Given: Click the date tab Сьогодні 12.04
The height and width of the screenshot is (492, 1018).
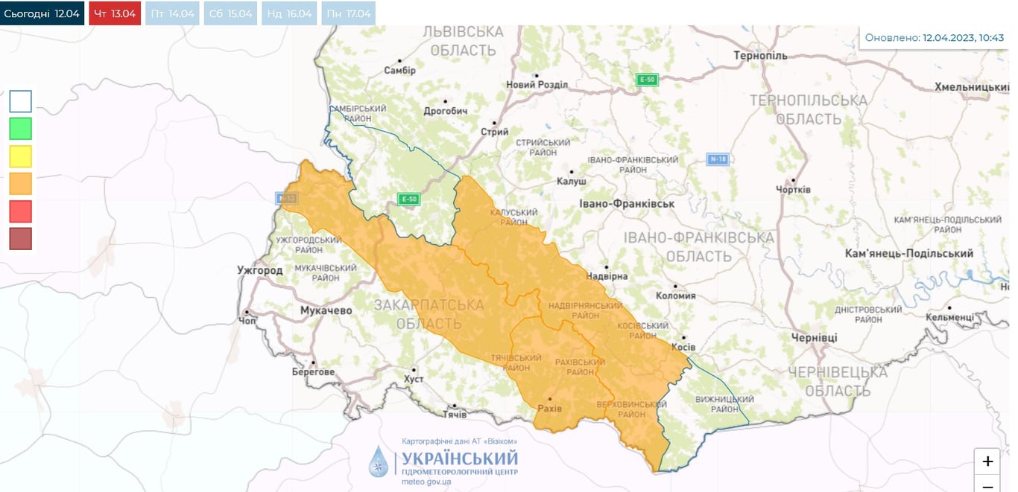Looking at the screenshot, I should (x=42, y=13).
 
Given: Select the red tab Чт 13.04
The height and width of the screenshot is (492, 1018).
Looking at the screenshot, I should (x=115, y=13).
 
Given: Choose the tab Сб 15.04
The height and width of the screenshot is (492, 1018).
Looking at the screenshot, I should (x=230, y=13).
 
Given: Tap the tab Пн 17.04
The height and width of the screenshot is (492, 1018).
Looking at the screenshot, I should (x=348, y=13).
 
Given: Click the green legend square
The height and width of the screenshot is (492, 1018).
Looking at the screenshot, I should (x=21, y=129).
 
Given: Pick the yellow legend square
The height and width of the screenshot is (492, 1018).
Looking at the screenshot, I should (x=21, y=156).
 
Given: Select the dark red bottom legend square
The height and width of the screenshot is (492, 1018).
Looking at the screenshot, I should (x=21, y=239).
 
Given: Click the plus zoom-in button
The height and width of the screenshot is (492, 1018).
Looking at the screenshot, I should (x=987, y=461).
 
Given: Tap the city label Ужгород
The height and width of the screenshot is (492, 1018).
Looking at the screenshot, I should (x=259, y=270).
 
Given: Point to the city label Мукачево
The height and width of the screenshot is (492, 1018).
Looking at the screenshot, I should (x=326, y=310).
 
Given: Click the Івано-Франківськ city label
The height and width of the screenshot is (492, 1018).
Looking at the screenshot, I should (x=627, y=203).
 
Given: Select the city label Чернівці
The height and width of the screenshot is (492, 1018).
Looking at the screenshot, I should (x=814, y=337).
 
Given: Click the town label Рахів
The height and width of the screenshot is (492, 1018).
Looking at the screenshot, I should (x=549, y=409).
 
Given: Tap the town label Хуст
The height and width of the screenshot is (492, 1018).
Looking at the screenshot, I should (x=413, y=379).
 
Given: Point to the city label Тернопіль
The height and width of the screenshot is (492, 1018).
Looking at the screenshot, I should (x=760, y=56).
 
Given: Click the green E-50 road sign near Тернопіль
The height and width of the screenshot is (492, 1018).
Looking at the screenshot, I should (x=647, y=80).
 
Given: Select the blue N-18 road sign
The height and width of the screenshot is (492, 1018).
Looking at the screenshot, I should (x=718, y=159).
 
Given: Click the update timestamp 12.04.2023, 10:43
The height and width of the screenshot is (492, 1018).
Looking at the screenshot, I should (x=963, y=37).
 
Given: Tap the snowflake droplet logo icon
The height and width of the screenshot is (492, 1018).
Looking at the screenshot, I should (x=379, y=461).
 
